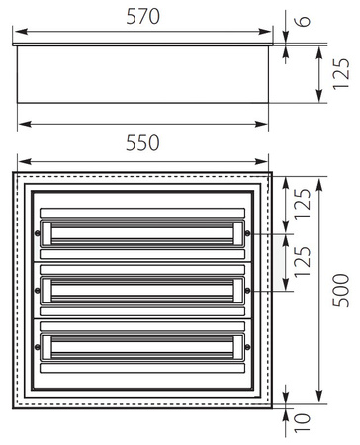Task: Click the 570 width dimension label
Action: point(143,17)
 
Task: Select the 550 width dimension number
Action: point(143,143)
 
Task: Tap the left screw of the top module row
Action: point(38,233)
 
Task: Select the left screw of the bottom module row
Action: point(38,346)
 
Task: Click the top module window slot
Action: point(142,233)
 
